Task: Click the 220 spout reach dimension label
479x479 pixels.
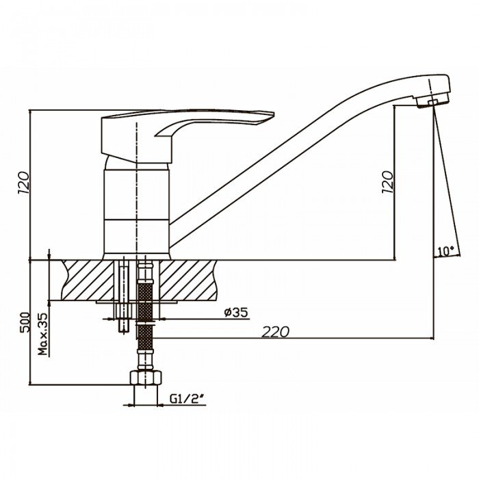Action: point(275,332)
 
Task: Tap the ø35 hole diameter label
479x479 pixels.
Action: point(236,312)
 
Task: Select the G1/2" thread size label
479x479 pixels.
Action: point(187,399)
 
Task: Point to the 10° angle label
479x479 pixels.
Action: point(445,251)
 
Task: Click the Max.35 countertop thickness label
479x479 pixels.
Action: point(43,334)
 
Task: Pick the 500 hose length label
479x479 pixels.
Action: point(25,322)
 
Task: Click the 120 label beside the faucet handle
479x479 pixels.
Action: point(23,183)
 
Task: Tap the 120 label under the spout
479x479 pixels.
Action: point(387,182)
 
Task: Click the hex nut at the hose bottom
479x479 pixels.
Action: point(145,378)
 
